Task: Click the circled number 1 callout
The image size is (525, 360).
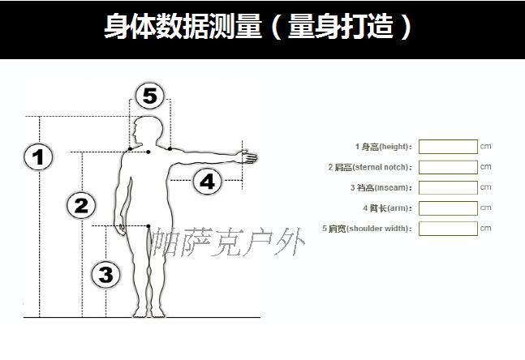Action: point(37,156)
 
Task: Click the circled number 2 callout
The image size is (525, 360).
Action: point(81,205)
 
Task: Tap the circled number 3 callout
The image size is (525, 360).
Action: point(105,275)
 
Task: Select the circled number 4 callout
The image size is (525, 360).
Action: point(208,182)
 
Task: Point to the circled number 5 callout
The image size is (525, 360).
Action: point(149,96)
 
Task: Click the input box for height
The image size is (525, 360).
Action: point(448,147)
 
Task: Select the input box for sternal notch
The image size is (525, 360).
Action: point(448,167)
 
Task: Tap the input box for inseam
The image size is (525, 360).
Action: point(448,187)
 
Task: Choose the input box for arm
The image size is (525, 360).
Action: point(448,208)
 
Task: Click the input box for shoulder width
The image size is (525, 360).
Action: point(448,228)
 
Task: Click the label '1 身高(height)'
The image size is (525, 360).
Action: point(383,147)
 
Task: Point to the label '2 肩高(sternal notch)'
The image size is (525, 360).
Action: point(370,167)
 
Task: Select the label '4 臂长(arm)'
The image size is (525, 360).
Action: point(386,208)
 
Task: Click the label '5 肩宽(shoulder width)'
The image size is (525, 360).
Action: point(367,229)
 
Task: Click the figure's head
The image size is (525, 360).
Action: point(150,130)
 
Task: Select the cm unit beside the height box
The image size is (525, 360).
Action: point(486,147)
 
